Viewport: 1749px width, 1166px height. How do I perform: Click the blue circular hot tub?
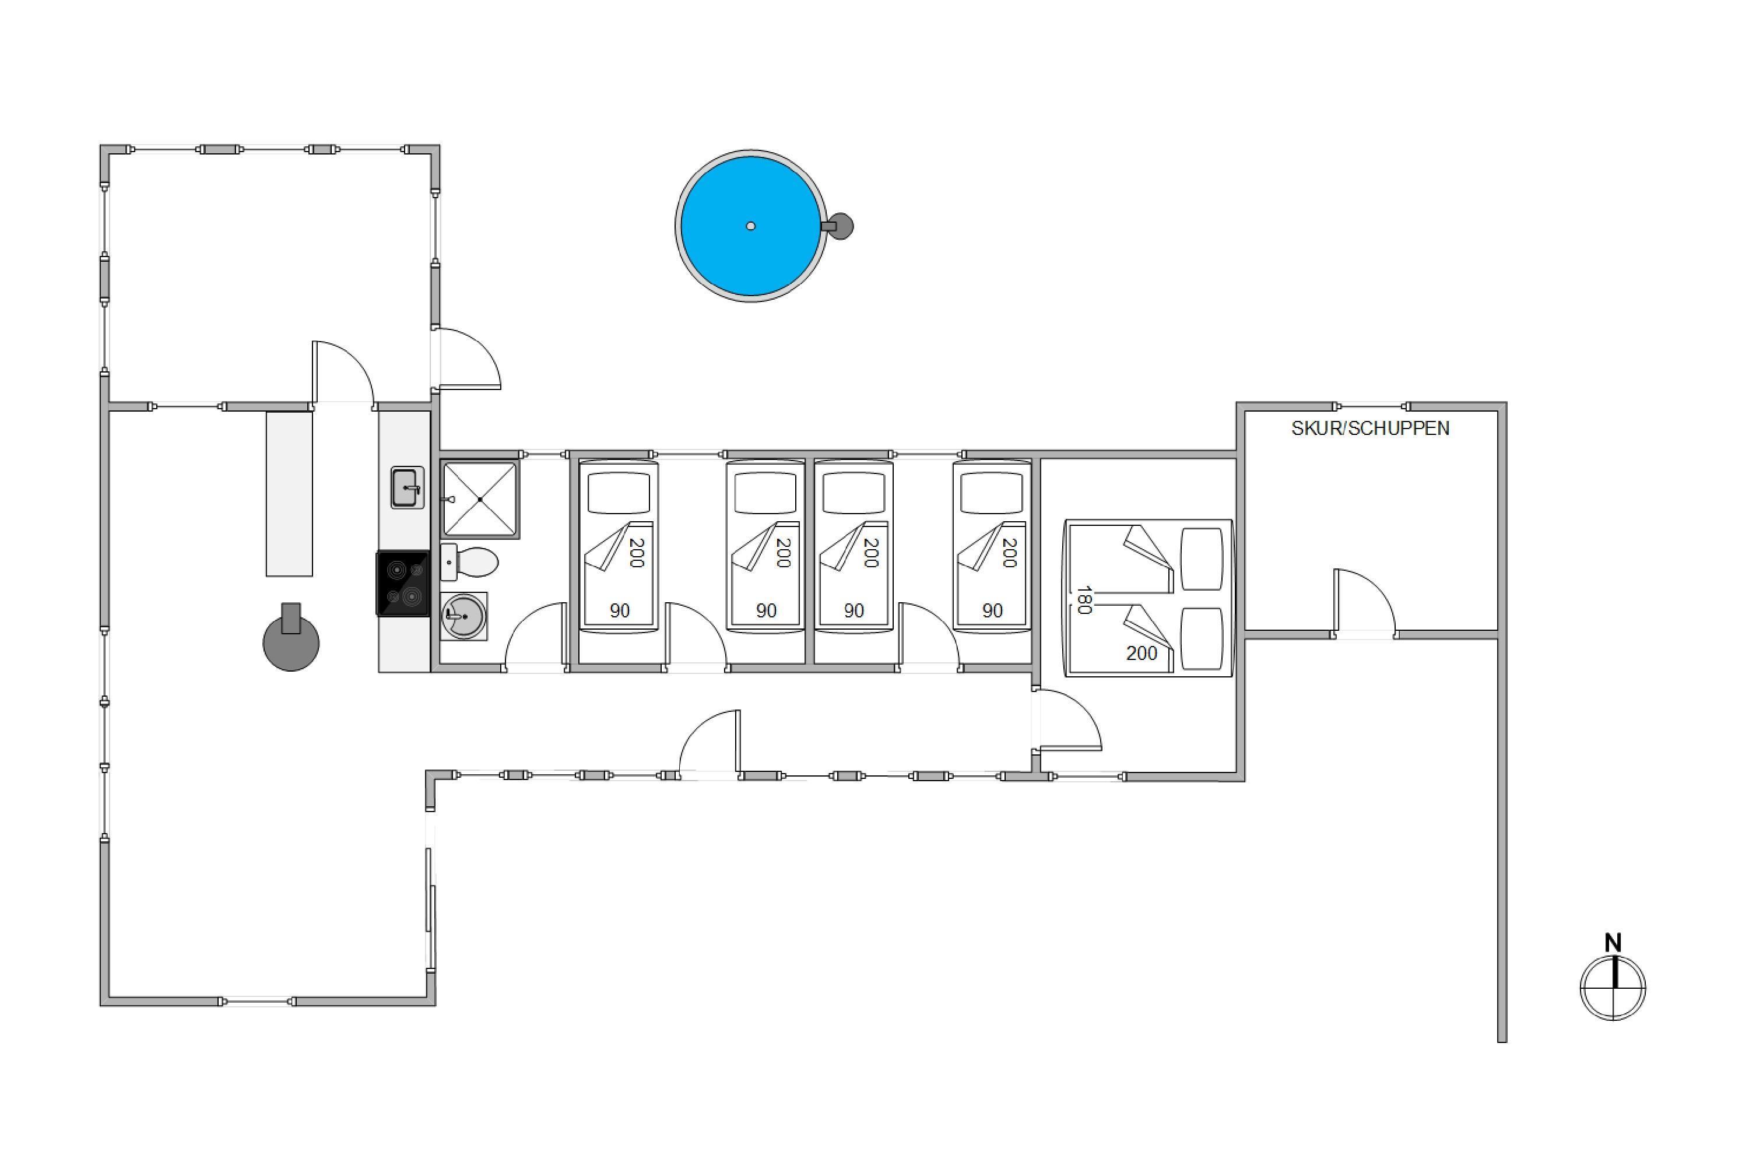click(x=750, y=226)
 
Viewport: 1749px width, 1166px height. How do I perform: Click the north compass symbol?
click(x=1613, y=988)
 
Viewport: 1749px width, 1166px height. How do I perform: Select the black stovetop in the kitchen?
click(x=403, y=583)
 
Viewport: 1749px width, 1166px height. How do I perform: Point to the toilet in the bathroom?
click(x=469, y=562)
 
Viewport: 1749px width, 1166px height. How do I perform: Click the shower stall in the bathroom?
click(x=480, y=499)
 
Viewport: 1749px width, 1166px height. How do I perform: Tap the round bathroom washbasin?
click(x=464, y=616)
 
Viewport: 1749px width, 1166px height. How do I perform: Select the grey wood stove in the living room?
click(x=291, y=637)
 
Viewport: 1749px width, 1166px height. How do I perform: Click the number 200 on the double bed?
click(x=1142, y=653)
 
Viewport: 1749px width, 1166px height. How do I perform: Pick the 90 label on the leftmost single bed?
click(x=619, y=610)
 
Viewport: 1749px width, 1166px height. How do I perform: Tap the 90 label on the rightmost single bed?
click(x=993, y=610)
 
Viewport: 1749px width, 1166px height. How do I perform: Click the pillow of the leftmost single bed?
click(x=619, y=493)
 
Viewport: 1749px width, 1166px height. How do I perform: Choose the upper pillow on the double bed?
click(x=1202, y=560)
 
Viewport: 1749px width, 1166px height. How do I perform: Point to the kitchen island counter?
click(x=289, y=494)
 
